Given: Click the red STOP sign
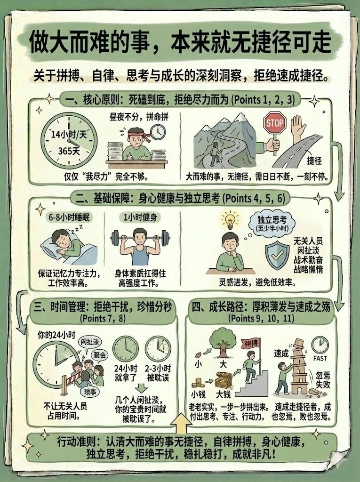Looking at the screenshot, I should coord(275,123).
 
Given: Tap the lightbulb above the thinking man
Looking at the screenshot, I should coord(229,220).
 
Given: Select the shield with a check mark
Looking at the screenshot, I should coord(275,255).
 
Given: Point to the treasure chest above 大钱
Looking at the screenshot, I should coord(223,379).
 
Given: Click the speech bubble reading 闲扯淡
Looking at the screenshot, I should coord(89,341).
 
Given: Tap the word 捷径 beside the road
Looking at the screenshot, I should coord(314,161).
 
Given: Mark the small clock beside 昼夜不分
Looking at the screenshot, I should coord(158,131).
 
